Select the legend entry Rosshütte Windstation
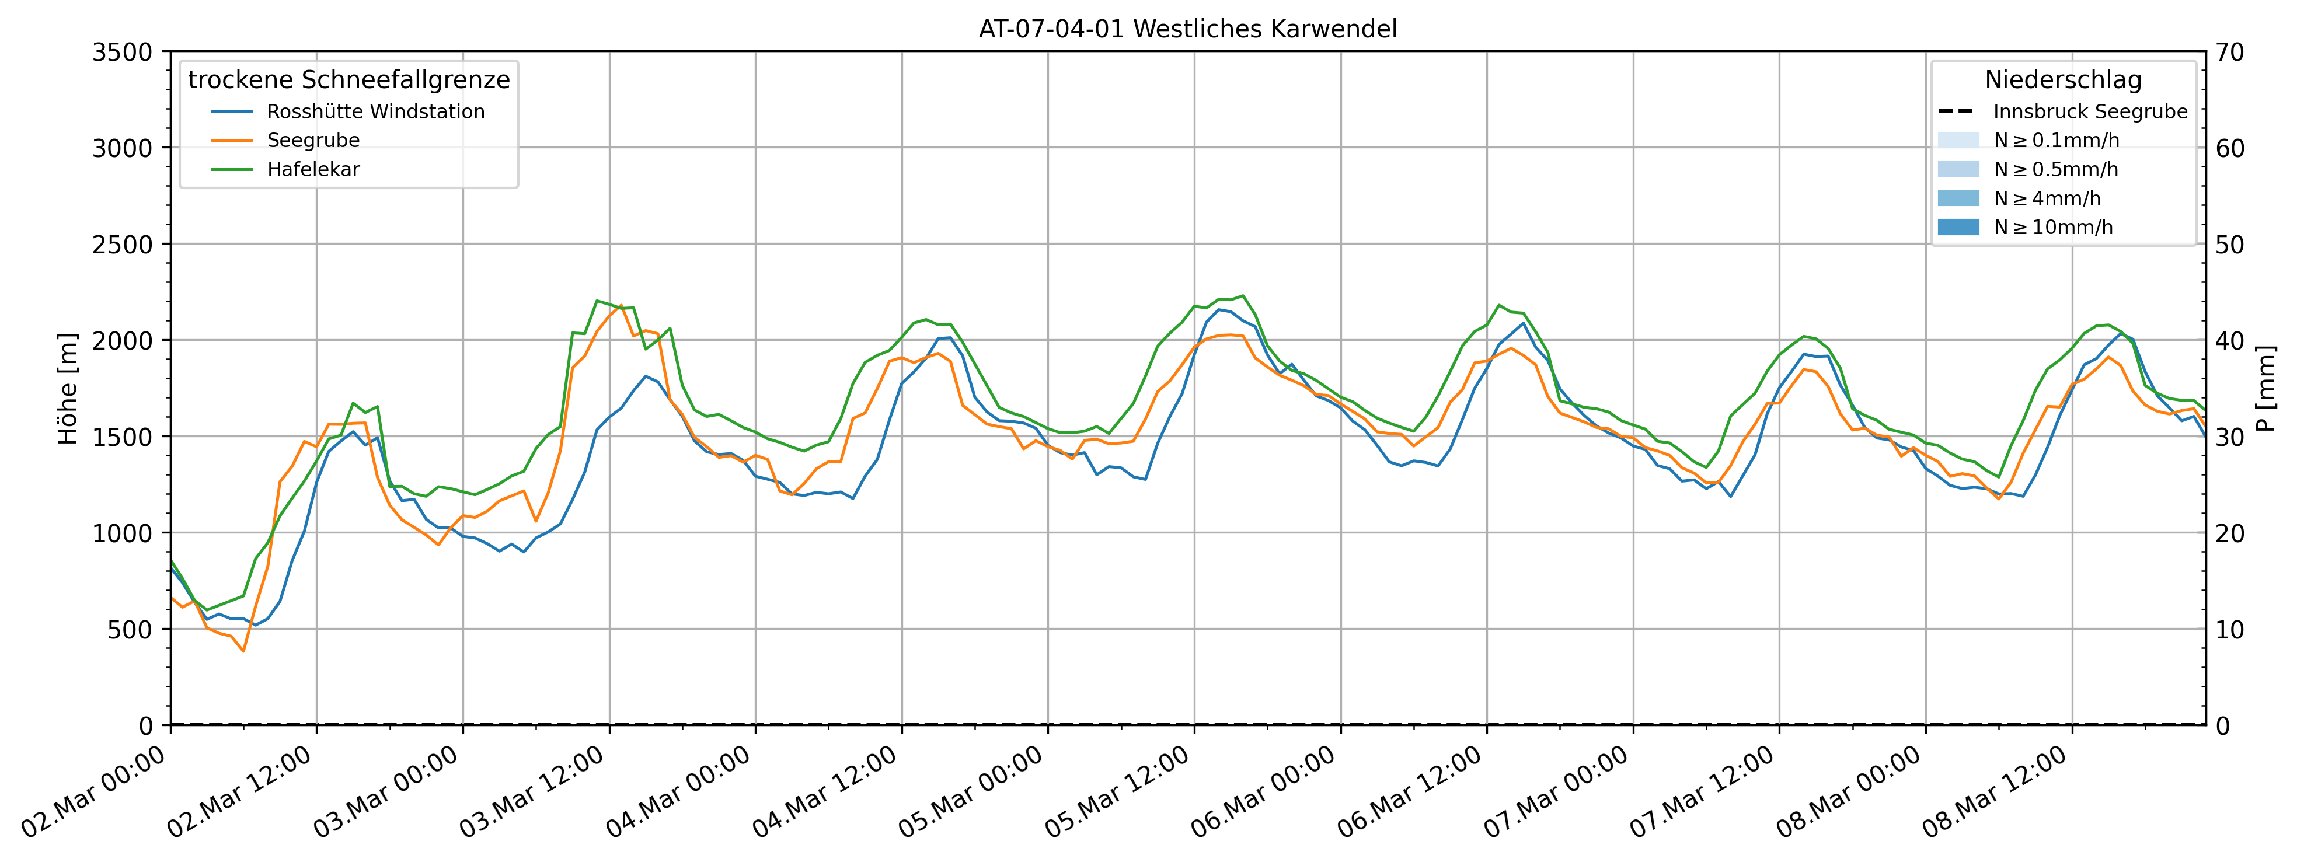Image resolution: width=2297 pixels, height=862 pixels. coord(375,112)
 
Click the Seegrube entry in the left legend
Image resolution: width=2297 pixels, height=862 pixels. coord(313,141)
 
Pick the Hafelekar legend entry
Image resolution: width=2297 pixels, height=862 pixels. coord(313,169)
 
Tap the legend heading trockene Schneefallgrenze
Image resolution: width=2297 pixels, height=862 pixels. coord(348,80)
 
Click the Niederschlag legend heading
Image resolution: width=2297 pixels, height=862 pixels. coord(2062,80)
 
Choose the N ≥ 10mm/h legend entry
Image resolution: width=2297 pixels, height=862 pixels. coord(2052,227)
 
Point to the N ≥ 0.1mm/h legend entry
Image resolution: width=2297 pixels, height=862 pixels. coord(2057,141)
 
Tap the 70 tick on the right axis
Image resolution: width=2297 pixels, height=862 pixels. coord(2230,53)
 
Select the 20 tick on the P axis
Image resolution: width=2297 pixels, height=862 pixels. coord(2230,533)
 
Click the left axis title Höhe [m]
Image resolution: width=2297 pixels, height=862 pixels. coord(68,389)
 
